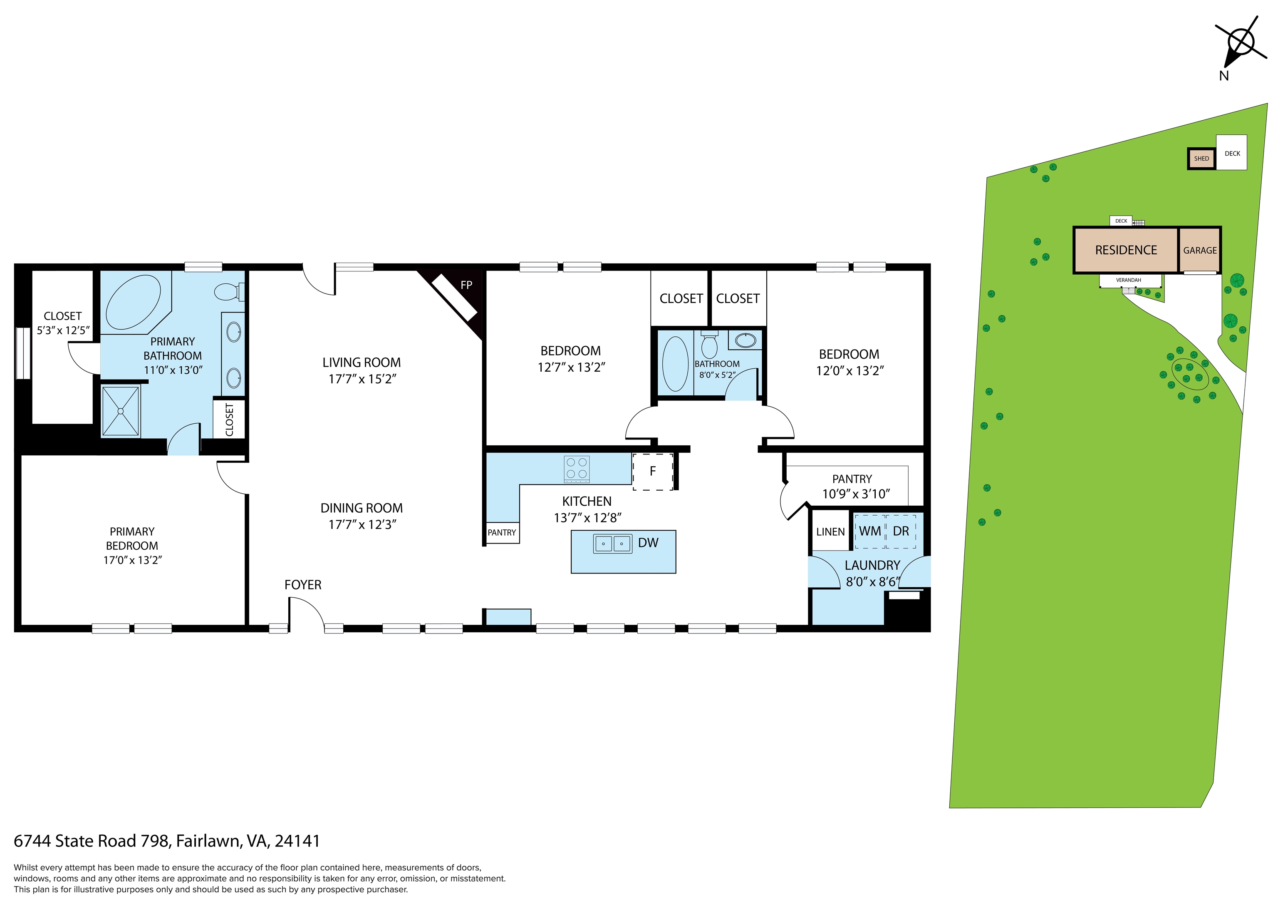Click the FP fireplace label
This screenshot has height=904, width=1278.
tap(466, 285)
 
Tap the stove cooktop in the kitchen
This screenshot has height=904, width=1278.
tap(577, 469)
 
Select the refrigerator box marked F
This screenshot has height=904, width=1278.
tap(652, 471)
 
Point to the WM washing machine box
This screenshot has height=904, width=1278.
tap(869, 531)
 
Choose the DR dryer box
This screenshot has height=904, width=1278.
tap(901, 531)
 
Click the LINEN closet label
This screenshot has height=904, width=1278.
tap(830, 532)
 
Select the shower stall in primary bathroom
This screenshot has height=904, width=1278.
tap(120, 412)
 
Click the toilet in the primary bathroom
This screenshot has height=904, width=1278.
tap(228, 291)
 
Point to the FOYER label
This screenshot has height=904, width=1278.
tap(303, 585)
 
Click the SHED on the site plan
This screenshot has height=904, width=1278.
tap(1201, 159)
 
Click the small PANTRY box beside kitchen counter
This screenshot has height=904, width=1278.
tap(502, 532)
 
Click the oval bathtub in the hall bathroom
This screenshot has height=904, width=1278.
tap(675, 364)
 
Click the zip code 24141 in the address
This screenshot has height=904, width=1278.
tap(297, 841)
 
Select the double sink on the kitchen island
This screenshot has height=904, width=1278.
tap(612, 543)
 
